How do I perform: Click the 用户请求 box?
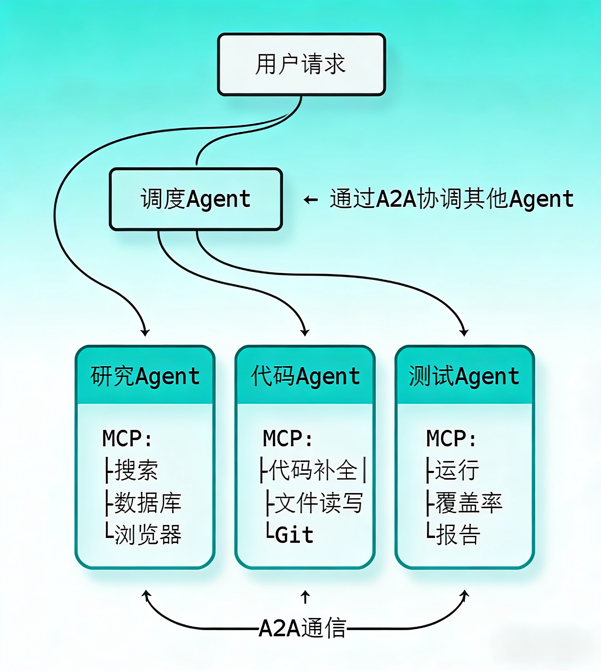[x=301, y=64]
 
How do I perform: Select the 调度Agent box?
[x=195, y=199]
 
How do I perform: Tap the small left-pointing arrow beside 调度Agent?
[x=311, y=199]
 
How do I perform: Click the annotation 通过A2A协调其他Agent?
[x=452, y=199]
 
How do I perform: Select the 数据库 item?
[x=148, y=503]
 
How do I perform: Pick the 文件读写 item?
[x=318, y=503]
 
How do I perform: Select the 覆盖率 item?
[x=469, y=503]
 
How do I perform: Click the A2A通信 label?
[x=302, y=628]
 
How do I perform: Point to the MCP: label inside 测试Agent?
[x=451, y=438]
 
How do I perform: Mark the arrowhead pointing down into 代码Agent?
[x=305, y=332]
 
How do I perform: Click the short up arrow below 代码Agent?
[x=305, y=597]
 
